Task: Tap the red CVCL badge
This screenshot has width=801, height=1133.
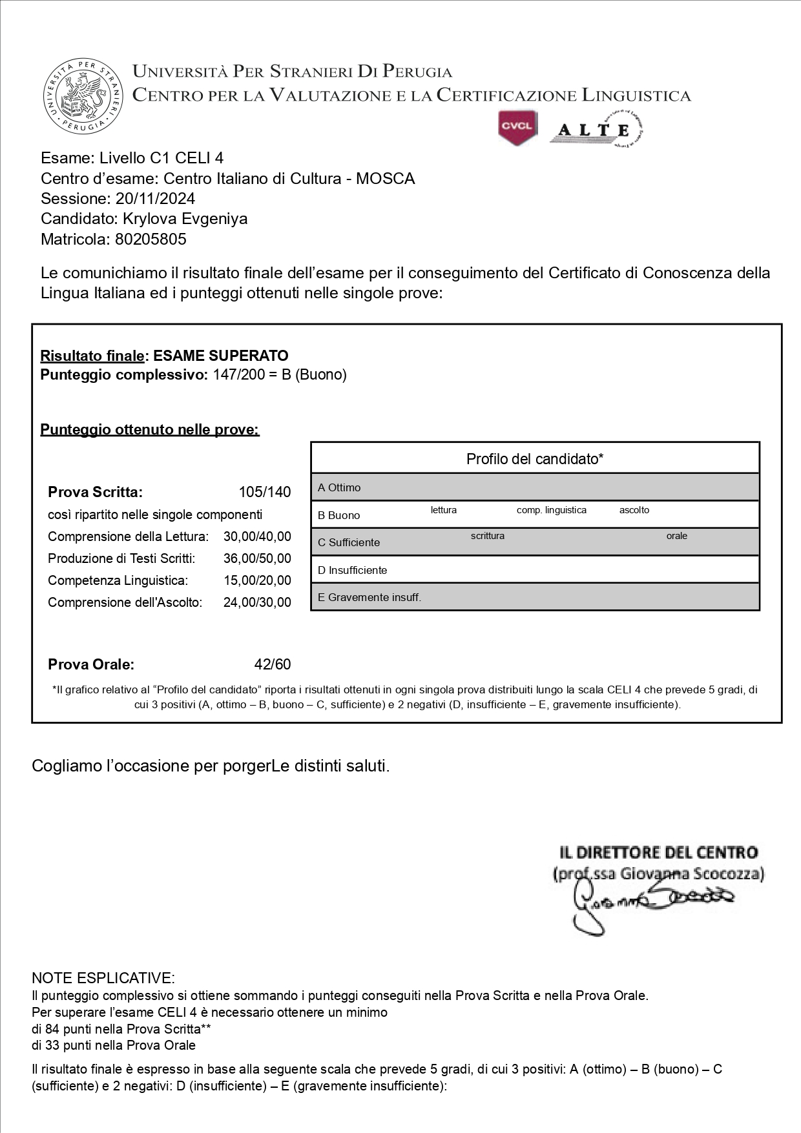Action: [517, 127]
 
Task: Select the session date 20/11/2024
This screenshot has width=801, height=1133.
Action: [155, 198]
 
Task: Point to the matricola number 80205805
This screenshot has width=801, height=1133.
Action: [151, 240]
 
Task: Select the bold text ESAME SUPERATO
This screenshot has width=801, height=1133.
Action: [221, 356]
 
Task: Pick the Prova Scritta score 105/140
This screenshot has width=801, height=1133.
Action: [265, 492]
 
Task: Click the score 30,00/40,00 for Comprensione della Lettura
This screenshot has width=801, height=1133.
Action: [257, 536]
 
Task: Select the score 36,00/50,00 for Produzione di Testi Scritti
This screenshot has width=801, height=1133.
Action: [257, 558]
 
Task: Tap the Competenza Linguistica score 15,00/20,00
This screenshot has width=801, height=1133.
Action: [257, 580]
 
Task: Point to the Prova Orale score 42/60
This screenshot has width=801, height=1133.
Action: [273, 664]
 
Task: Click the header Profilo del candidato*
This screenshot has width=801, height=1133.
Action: [535, 459]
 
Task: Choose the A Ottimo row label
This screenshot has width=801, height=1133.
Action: [339, 487]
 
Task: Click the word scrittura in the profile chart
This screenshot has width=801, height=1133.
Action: [488, 536]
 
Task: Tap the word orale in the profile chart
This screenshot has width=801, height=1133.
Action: [677, 536]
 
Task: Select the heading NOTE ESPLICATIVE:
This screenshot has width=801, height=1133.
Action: [103, 978]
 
